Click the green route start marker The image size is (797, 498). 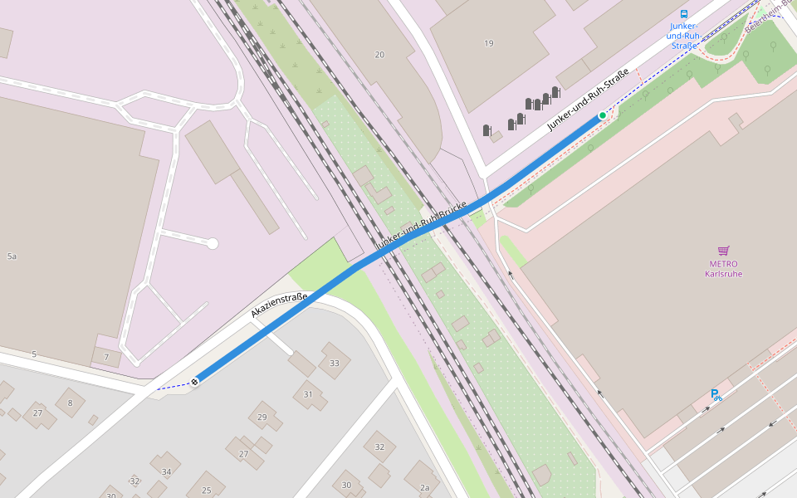tap(603, 115)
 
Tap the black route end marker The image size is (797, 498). tap(194, 381)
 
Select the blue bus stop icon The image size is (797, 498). tap(684, 14)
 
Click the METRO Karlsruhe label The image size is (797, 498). tap(723, 269)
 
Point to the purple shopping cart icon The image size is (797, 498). tap(723, 251)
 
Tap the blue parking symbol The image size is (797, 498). tap(715, 395)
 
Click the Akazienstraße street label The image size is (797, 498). tap(280, 305)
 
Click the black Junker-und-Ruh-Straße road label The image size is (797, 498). tap(587, 99)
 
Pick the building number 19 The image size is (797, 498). tap(488, 43)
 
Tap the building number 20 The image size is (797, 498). tap(379, 55)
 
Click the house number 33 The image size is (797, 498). tap(335, 363)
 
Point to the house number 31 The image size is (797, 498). tap(308, 394)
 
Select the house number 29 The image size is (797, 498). tap(262, 417)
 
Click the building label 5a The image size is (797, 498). tap(12, 256)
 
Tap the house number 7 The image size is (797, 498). tap(106, 358)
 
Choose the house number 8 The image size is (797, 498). tap(70, 403)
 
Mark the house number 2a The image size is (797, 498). tap(424, 487)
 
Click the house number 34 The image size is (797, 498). tap(166, 472)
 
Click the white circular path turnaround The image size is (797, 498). tap(213, 243)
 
